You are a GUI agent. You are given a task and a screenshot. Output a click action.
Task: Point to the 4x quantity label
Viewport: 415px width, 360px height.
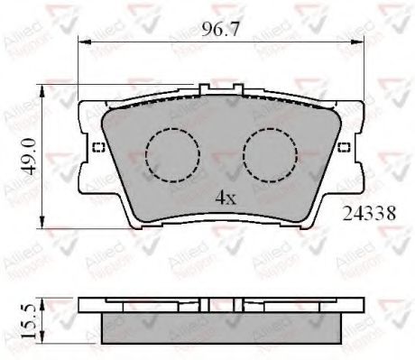[226, 196]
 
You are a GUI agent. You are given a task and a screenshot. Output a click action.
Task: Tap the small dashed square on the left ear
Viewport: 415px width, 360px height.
[99, 148]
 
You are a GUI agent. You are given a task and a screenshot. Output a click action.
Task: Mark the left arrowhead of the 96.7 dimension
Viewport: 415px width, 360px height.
[82, 42]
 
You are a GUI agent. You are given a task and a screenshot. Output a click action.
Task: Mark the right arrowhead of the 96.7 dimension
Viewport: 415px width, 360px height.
[357, 42]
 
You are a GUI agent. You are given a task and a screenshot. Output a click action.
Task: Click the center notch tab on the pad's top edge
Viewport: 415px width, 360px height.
[204, 90]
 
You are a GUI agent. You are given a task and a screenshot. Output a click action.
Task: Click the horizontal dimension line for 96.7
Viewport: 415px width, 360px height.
[144, 42]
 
